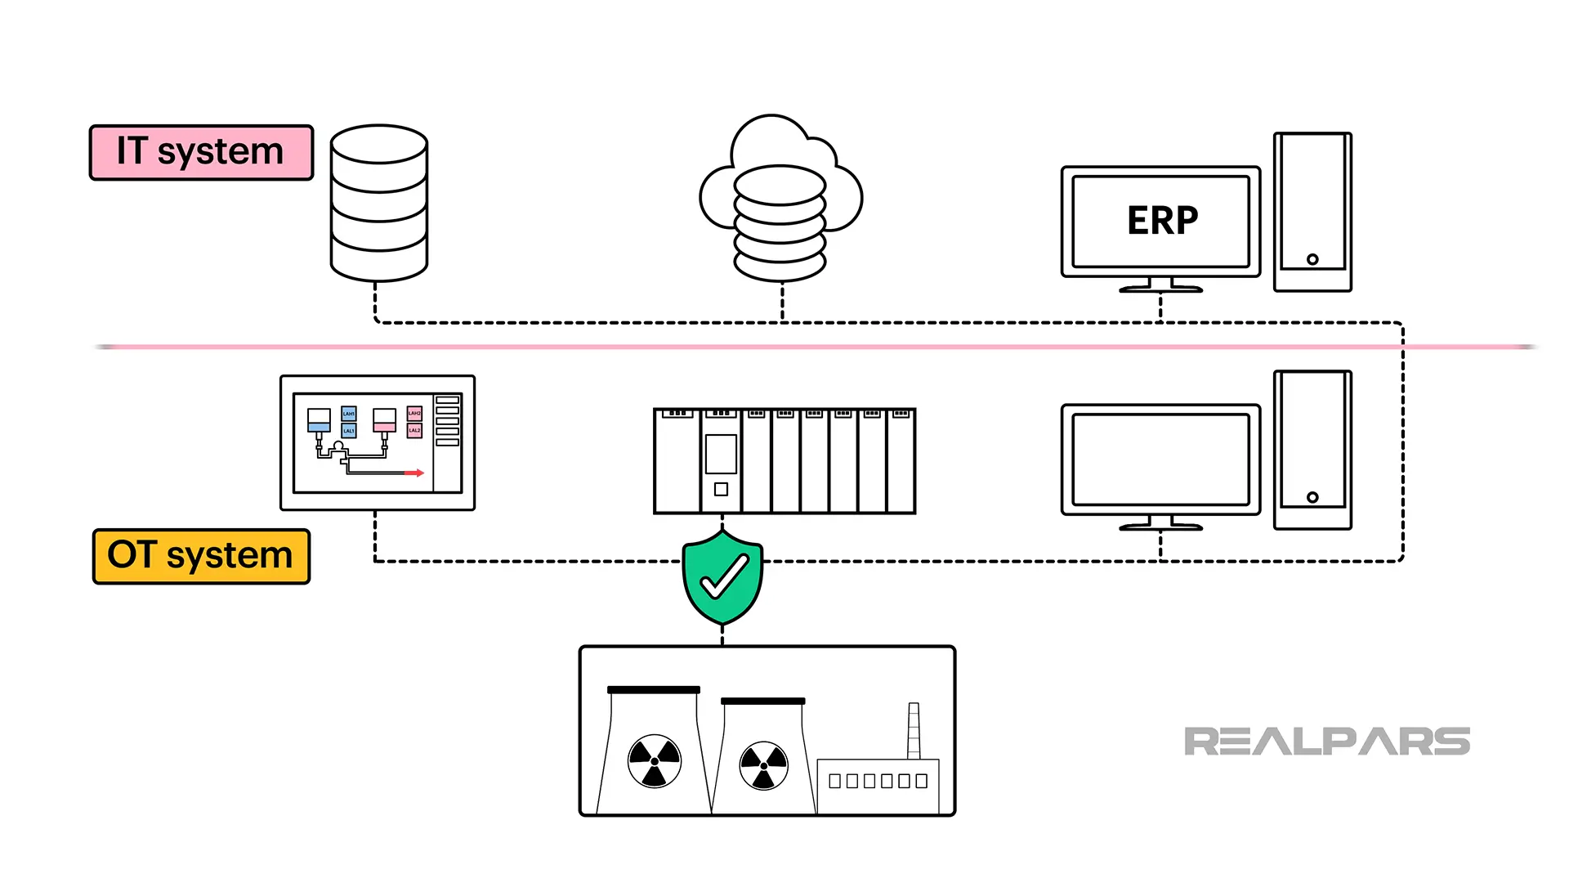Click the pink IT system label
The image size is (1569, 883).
[x=201, y=153]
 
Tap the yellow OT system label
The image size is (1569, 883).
[x=201, y=556]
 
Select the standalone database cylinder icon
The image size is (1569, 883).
[x=379, y=203]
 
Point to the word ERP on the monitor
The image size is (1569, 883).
[x=1162, y=221]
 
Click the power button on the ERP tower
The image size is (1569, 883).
[x=1312, y=259]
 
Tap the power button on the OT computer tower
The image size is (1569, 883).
[x=1312, y=497]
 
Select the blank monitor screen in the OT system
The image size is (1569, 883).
[x=1160, y=459]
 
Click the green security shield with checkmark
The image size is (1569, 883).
[x=722, y=576]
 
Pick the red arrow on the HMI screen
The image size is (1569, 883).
[x=415, y=473]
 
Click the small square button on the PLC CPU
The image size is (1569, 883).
[x=721, y=489]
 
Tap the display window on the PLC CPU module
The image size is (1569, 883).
[x=721, y=454]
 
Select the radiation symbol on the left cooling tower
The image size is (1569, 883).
[x=654, y=760]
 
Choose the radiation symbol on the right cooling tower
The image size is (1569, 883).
[x=763, y=766]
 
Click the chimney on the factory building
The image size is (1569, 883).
[x=914, y=730]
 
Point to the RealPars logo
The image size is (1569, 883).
[x=1326, y=742]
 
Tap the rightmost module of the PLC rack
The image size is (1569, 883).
[x=901, y=462]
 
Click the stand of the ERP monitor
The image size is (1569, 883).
[x=1160, y=285]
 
